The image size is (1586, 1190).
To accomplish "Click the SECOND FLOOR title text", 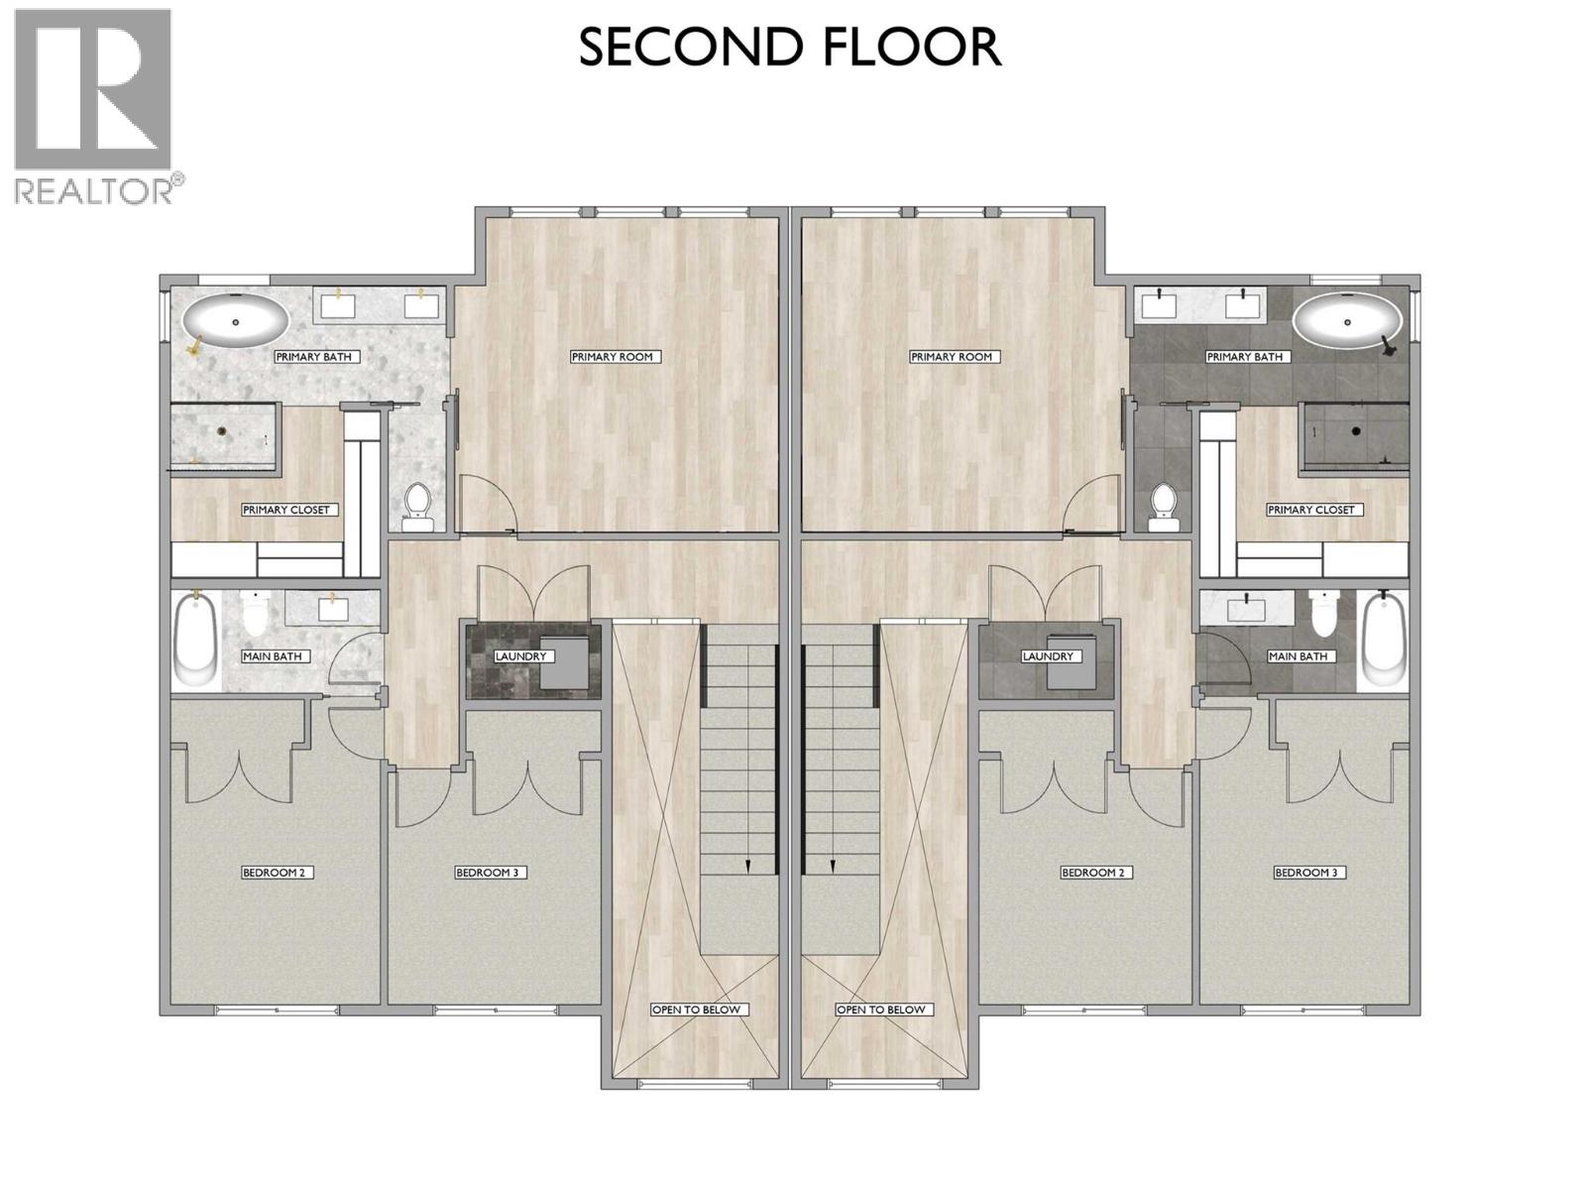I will point(790,48).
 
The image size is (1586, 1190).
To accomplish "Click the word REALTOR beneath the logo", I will point(92,189).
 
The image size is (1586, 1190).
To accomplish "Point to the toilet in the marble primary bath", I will point(418,502).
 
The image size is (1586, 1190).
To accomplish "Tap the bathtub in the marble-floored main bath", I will point(195,641).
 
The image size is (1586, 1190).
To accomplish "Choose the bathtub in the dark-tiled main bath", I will point(1385,641).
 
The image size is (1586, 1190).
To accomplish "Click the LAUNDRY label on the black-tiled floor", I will point(521,656).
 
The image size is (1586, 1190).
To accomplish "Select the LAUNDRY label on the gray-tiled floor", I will point(1048,656).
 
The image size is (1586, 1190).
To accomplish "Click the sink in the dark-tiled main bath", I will point(1239,606).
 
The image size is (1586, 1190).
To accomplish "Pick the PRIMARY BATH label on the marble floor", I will point(313,357).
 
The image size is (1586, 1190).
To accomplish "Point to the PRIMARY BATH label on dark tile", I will point(1245,357).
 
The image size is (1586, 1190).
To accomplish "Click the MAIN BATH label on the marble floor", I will point(273,656).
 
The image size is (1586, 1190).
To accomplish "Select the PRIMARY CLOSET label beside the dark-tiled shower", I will point(1310,510).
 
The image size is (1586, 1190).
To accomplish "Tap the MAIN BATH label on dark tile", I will point(1298,656).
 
